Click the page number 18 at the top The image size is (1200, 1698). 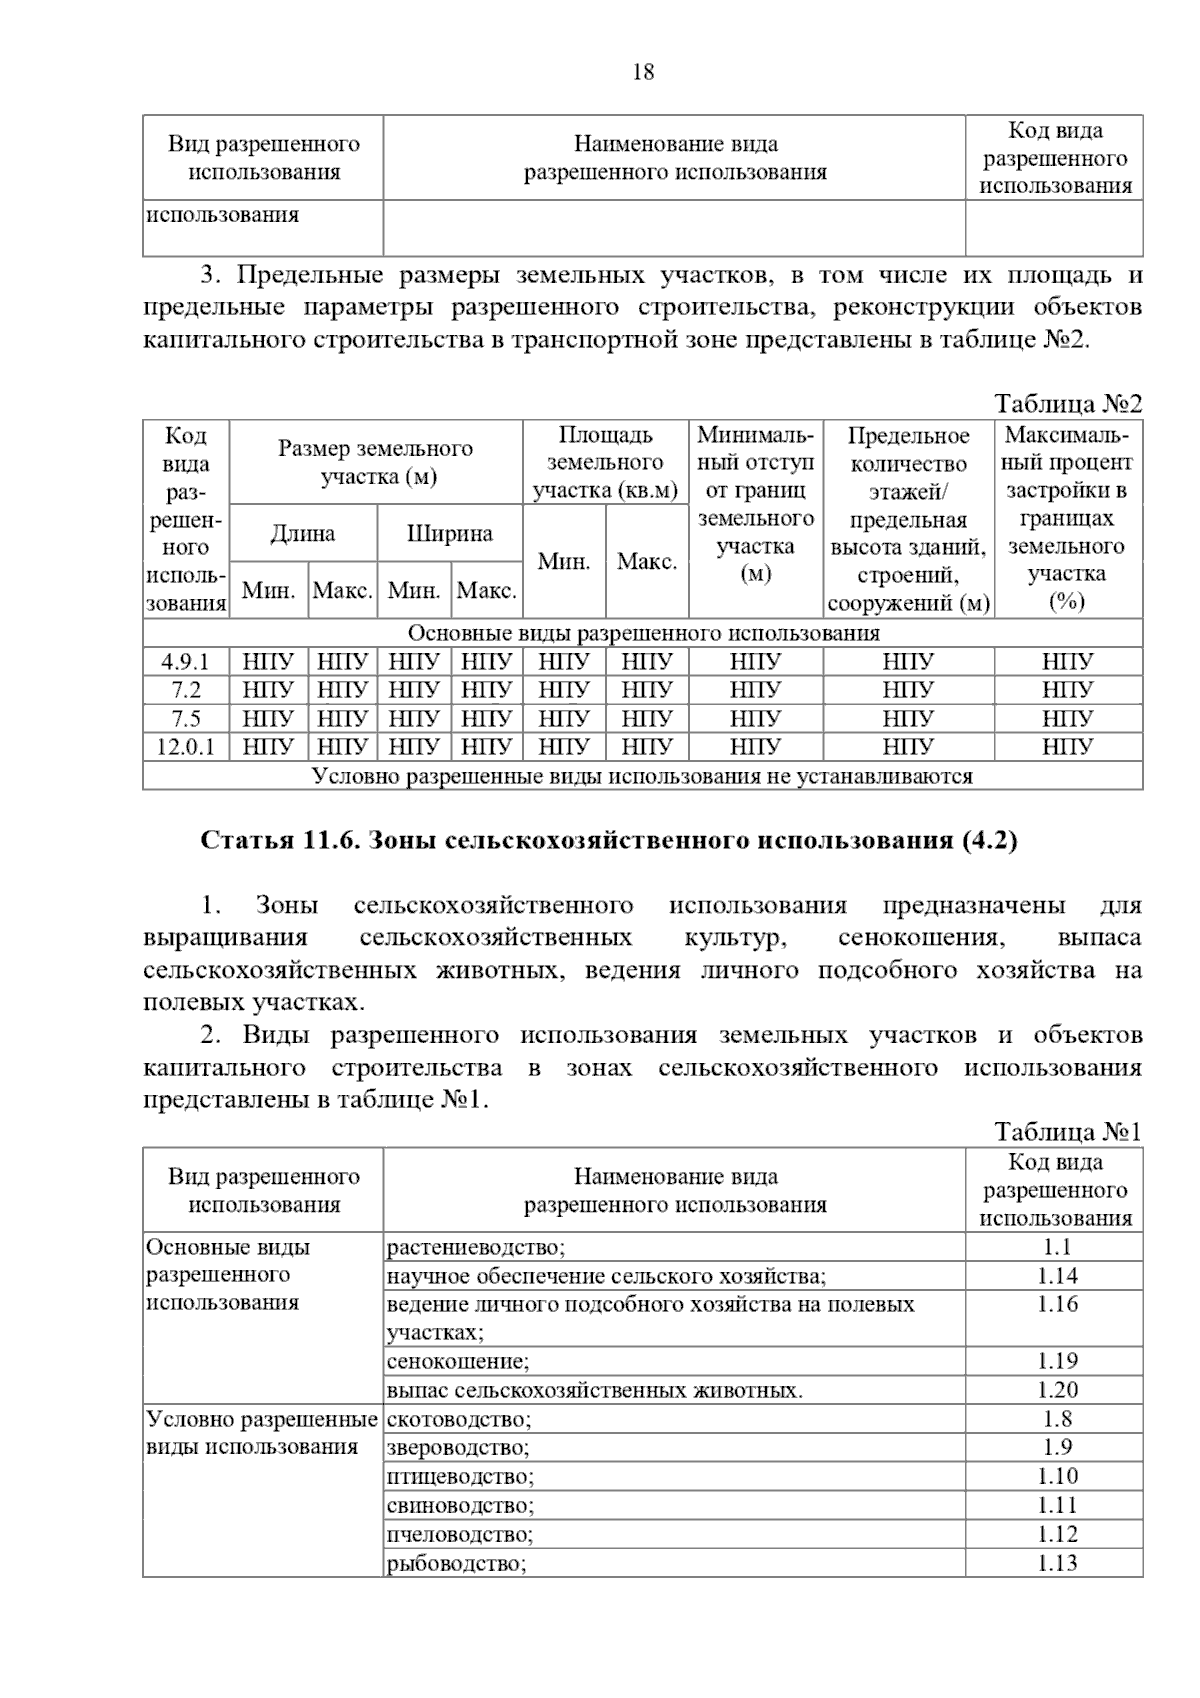pos(643,72)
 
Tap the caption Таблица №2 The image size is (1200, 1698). pos(1067,404)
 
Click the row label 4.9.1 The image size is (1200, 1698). pos(186,662)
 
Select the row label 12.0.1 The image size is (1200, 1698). pos(186,746)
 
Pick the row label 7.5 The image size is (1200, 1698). pos(186,718)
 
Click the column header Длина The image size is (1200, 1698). pos(303,533)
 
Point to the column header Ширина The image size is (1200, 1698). pos(449,533)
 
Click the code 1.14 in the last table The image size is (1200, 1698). pos(1056,1275)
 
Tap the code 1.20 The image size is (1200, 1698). pos(1056,1389)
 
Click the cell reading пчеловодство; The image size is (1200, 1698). pos(460,1534)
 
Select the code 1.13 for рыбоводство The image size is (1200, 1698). pos(1056,1563)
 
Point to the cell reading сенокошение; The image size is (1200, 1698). pos(458,1361)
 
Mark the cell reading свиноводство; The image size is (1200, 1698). pos(460,1505)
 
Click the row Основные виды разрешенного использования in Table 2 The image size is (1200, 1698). pos(643,633)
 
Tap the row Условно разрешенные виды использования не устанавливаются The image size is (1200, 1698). pos(643,776)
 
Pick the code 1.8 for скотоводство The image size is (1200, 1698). pos(1056,1418)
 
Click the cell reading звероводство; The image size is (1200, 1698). pos(458,1447)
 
